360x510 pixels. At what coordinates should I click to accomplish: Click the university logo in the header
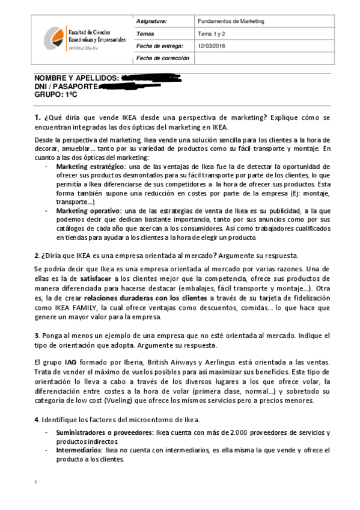click(52, 38)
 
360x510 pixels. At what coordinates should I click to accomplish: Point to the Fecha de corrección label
click(162, 58)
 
